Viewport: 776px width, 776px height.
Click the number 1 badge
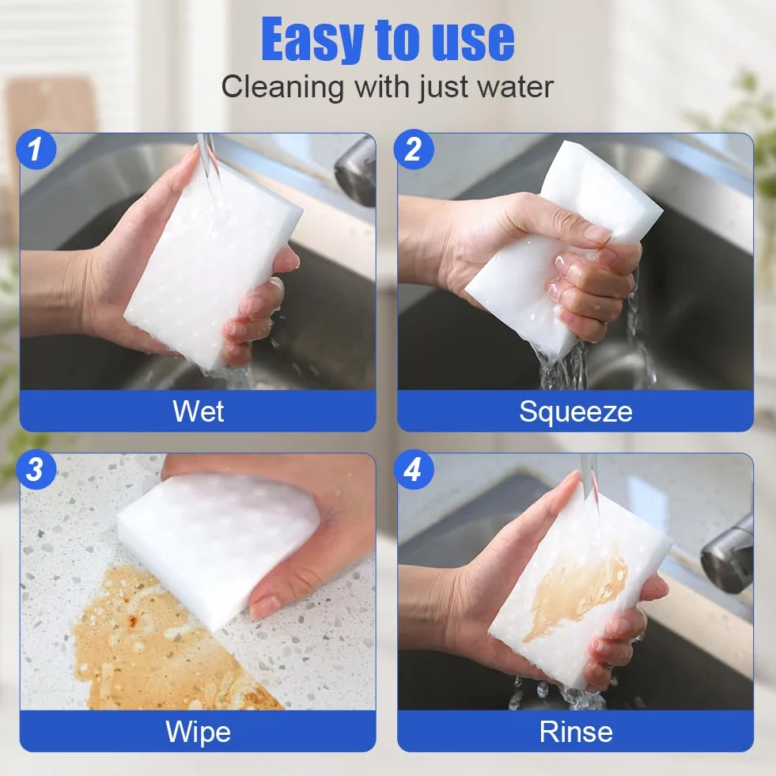(x=35, y=149)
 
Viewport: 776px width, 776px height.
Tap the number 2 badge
(x=414, y=149)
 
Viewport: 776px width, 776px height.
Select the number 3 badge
(x=35, y=468)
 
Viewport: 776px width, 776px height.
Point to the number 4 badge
(x=414, y=468)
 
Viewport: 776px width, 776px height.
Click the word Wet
(x=198, y=411)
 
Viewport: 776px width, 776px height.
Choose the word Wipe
(x=198, y=732)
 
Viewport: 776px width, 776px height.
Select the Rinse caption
(x=576, y=732)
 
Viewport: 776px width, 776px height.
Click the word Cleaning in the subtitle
(x=282, y=88)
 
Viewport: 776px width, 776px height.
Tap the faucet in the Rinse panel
(x=726, y=555)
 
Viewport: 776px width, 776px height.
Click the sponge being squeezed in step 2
(x=559, y=248)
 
